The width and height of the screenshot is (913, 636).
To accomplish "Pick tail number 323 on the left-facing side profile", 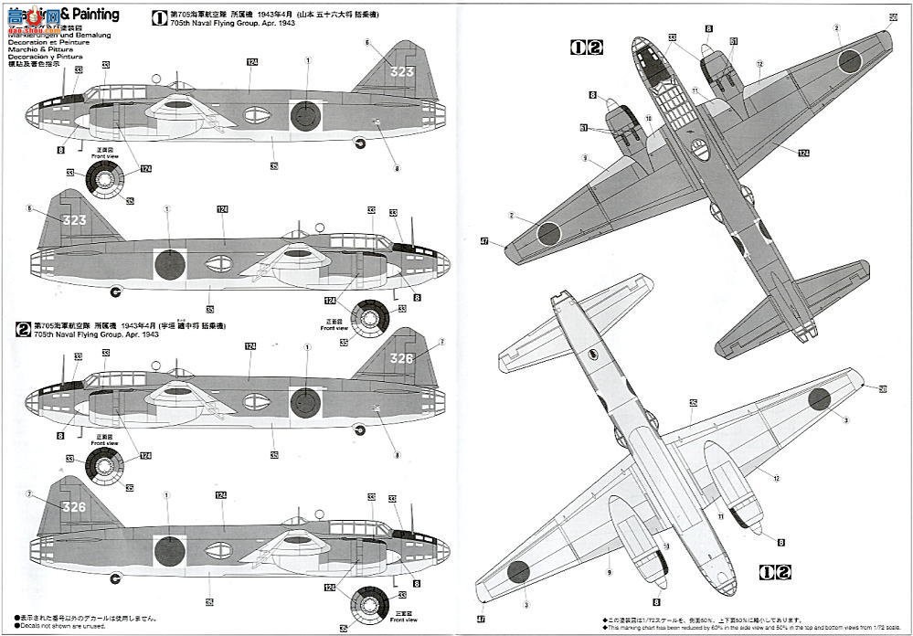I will (76, 220).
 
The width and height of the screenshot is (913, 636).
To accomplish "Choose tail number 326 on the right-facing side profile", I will (402, 359).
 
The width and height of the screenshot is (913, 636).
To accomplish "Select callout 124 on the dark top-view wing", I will (802, 153).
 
